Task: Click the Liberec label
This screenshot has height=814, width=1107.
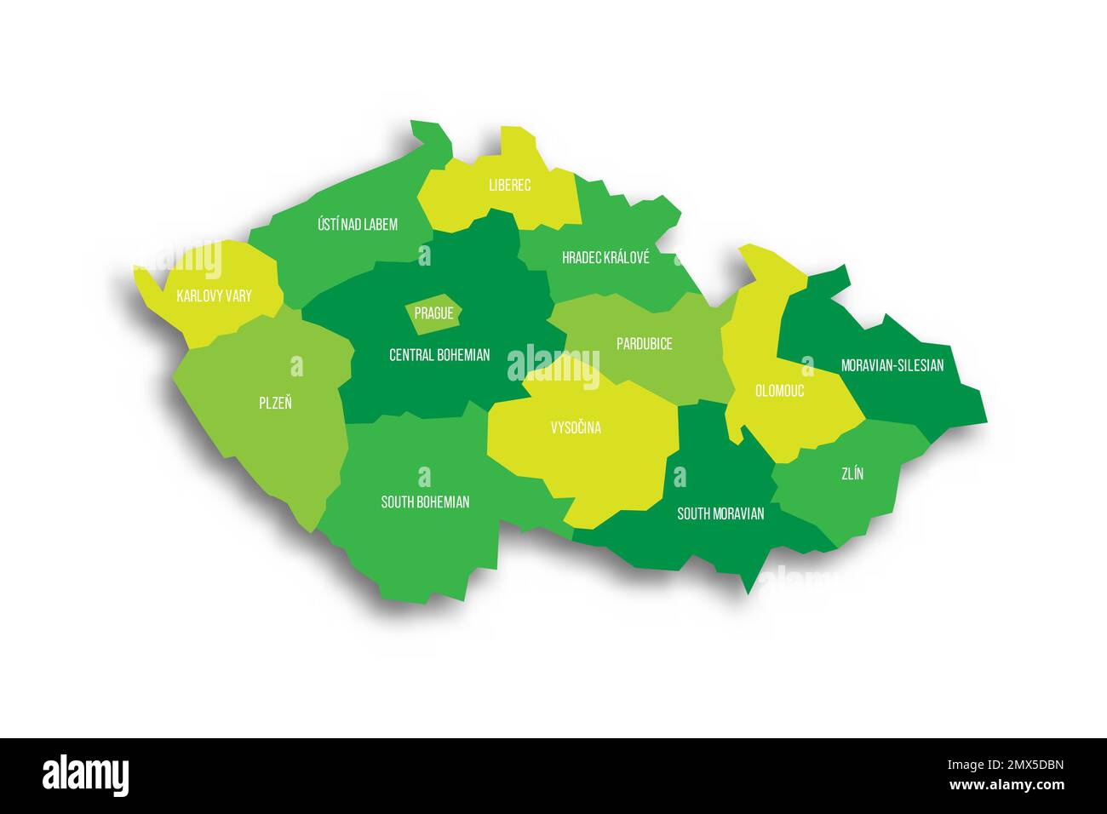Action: point(509,185)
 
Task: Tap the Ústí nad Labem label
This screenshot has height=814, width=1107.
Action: point(358,225)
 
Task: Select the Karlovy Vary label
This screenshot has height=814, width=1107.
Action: point(214,296)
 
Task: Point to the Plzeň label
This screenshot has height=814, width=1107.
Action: point(275,403)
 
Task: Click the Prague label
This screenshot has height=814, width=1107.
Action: point(433,313)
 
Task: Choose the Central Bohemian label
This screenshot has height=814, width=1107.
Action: point(439,354)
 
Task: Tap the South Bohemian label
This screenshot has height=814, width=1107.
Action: point(425,502)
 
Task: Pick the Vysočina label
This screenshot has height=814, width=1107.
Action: point(576,427)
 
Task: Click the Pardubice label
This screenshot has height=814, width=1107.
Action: point(644,344)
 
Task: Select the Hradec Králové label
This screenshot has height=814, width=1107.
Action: point(605,257)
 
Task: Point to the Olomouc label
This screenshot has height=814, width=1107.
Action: point(779,392)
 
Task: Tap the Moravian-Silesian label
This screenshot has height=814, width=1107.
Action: point(892,365)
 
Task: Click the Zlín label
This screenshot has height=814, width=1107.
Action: point(852,474)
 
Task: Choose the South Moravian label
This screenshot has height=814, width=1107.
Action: point(720,513)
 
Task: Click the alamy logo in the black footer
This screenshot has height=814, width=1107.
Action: point(86,776)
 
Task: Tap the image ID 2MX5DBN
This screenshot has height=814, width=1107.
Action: point(1021,765)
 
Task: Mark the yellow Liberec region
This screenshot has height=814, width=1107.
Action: point(528,204)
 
